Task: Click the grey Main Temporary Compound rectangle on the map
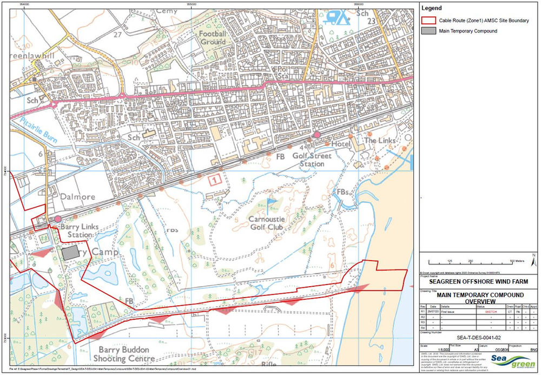pos(69,253)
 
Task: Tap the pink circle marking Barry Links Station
pos(57,219)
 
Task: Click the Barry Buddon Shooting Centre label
pos(117,354)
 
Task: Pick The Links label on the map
pos(380,141)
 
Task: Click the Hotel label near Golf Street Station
pos(340,145)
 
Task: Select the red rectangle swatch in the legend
pos(427,21)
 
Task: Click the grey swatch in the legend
pos(427,31)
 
